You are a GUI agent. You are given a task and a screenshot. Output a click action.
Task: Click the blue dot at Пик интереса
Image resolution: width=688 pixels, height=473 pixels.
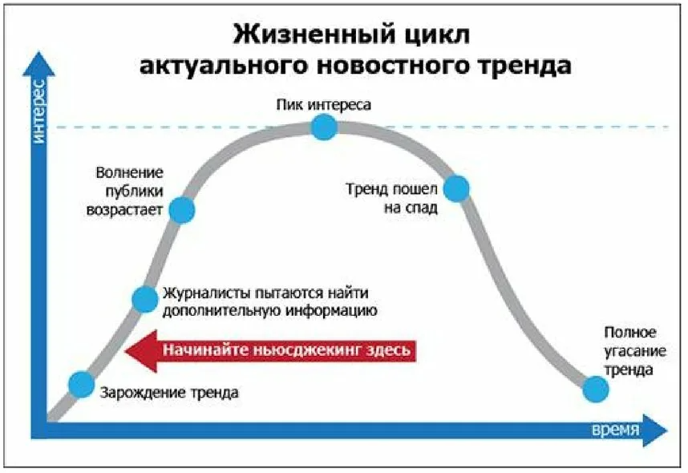[x=323, y=126]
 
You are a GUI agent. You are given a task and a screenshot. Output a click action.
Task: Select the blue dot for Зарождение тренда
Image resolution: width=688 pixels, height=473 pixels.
[x=81, y=384]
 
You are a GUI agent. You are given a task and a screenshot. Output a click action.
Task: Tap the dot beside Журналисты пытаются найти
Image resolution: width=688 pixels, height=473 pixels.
[x=144, y=298]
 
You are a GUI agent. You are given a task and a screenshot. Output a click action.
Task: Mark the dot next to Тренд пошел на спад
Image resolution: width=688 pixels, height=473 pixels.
[x=455, y=188]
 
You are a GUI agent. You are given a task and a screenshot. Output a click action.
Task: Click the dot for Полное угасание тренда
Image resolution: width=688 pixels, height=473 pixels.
[x=595, y=389]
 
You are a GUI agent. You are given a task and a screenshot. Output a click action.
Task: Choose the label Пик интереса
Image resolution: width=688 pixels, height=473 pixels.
[x=324, y=104]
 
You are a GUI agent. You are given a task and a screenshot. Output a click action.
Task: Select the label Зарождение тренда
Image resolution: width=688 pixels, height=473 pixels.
[x=169, y=393]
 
